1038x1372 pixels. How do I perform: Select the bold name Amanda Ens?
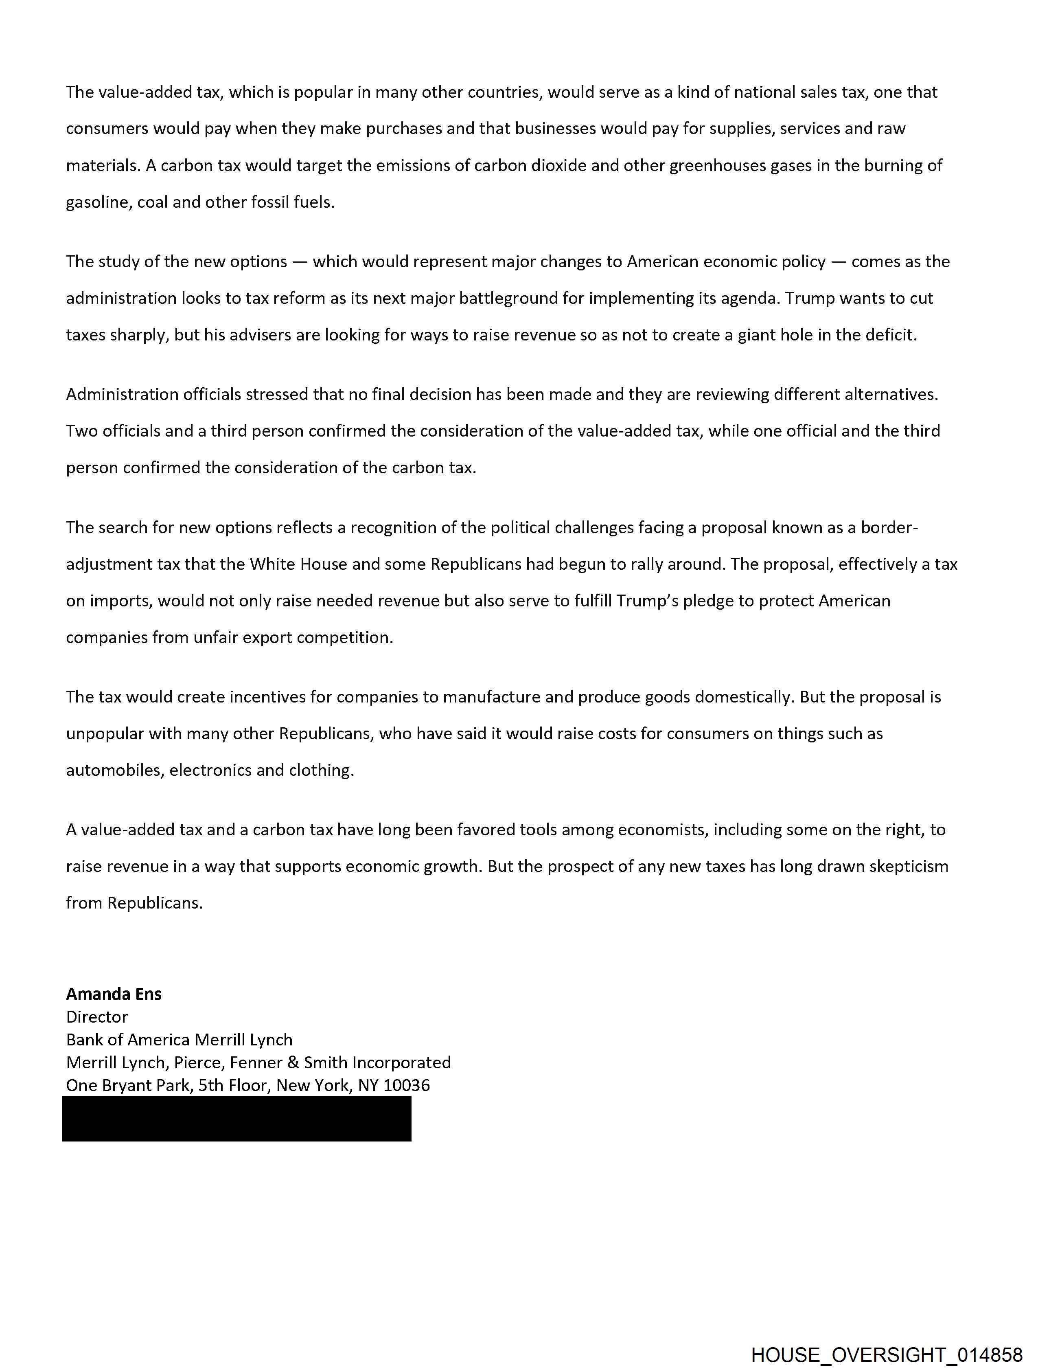114,994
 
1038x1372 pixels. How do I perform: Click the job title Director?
97,1017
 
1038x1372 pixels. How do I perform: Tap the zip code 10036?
406,1085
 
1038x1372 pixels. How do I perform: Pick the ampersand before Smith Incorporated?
293,1062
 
